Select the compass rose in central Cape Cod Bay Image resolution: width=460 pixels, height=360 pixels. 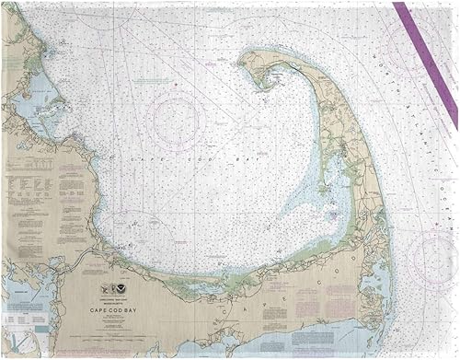[x=175, y=121]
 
